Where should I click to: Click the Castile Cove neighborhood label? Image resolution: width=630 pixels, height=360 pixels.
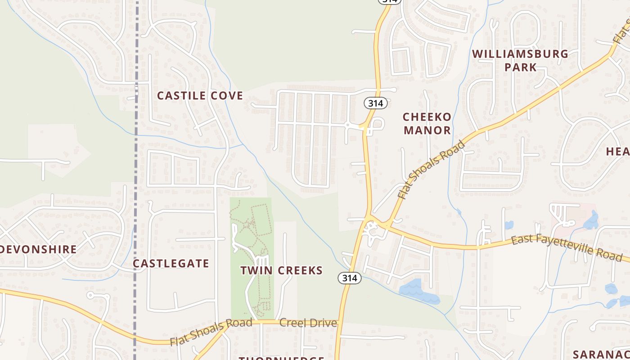tap(200, 95)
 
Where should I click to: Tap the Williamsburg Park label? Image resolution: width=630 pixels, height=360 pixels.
tap(520, 60)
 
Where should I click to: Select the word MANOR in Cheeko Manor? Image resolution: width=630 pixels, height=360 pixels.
tap(427, 130)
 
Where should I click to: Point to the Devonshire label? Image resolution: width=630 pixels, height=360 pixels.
tap(38, 249)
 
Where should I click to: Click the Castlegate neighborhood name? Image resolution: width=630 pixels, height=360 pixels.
tap(171, 264)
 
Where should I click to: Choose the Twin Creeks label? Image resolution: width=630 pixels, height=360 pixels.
tap(281, 270)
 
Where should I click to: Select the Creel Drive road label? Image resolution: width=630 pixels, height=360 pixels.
tap(308, 323)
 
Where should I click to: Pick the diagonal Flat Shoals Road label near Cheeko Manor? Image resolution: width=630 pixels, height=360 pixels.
tap(432, 170)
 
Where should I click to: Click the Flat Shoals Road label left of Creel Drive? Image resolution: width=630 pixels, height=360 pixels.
tap(211, 332)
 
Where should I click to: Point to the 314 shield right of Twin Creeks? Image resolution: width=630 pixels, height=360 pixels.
tap(349, 278)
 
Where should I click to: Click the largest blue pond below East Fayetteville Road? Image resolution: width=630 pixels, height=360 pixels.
tap(416, 292)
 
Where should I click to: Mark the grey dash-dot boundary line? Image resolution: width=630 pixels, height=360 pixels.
tap(135, 180)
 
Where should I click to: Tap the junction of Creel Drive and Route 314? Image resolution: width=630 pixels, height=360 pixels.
tap(339, 321)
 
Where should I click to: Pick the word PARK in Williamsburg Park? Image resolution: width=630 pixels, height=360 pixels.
tap(520, 67)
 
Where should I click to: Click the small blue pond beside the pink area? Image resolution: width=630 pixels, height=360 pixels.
tap(591, 221)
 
